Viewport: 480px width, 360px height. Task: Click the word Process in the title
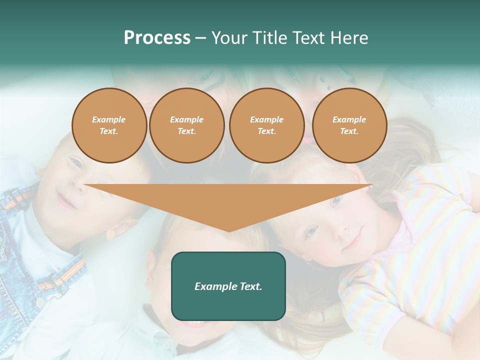pos(157,38)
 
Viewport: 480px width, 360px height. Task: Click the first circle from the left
pos(109,125)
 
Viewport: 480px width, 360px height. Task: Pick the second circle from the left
pos(187,125)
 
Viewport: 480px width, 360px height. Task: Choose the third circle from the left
pos(267,125)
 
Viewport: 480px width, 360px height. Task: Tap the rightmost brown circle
pos(349,125)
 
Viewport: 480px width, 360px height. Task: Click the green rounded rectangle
pos(228,286)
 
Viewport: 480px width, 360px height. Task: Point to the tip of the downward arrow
pos(229,231)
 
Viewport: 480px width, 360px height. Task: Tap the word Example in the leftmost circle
pos(109,119)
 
